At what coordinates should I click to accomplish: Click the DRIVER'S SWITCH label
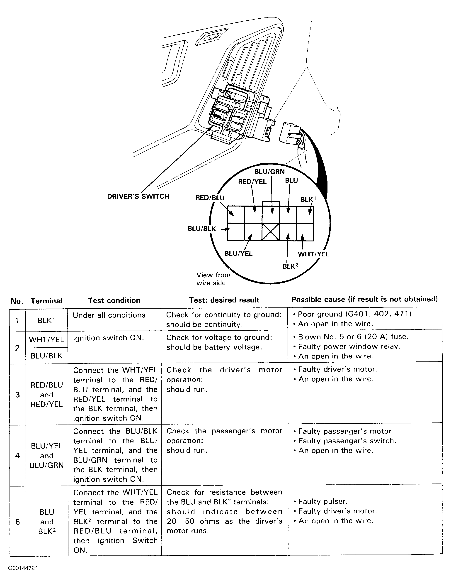[138, 196]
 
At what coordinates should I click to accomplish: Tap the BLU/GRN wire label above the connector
[269, 172]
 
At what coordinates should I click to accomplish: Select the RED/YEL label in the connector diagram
[252, 182]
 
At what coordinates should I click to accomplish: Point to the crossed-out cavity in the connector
[270, 232]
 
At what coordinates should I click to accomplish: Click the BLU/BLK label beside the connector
[202, 229]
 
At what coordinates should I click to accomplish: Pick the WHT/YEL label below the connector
[313, 254]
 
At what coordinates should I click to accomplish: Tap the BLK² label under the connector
[290, 266]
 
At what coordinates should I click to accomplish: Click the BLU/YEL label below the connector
[238, 254]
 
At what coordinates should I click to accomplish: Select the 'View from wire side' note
[213, 279]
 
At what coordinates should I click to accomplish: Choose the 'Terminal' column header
[46, 301]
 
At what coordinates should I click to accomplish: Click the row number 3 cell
[17, 395]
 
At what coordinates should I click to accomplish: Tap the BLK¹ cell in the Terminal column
[46, 320]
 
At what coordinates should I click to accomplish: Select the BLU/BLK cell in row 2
[46, 356]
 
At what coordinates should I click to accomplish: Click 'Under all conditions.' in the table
[110, 315]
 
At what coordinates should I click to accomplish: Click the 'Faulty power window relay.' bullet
[349, 346]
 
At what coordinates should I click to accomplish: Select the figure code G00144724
[23, 568]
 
